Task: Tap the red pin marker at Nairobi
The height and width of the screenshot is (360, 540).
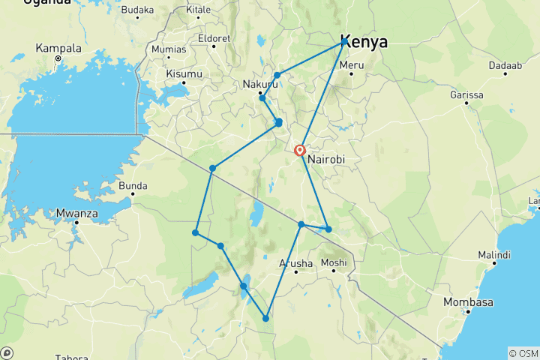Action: click(300, 150)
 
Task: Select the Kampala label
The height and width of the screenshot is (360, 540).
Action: click(58, 48)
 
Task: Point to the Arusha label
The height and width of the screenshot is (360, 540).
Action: click(295, 262)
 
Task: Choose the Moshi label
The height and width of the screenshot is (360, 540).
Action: click(334, 262)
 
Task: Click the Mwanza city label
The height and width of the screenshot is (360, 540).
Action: click(76, 213)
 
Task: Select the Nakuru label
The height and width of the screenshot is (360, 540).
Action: click(259, 84)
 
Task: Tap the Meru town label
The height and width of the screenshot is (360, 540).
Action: click(352, 64)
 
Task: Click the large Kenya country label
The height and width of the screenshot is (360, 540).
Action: click(364, 42)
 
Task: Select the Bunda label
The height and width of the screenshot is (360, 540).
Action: click(132, 184)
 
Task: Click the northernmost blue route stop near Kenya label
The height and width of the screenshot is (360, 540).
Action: click(344, 42)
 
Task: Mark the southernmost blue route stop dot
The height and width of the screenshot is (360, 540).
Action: click(265, 319)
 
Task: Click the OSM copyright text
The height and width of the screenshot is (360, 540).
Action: click(523, 352)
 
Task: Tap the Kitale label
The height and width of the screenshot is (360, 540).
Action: click(198, 10)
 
